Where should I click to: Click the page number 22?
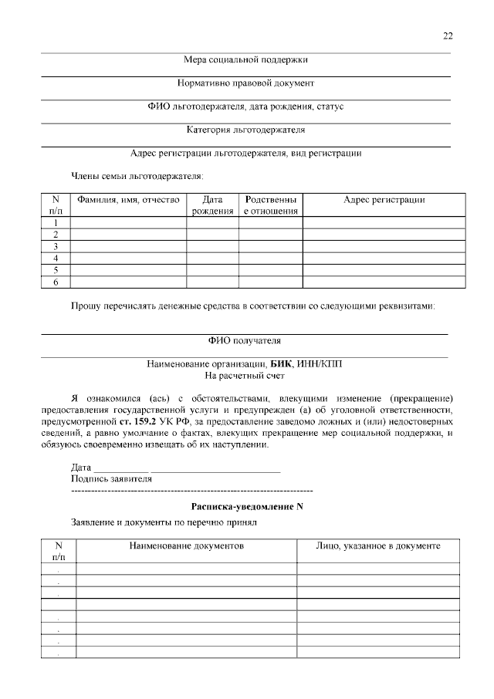448,35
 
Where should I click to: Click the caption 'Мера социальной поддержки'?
245,59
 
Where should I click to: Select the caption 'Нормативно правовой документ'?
245,83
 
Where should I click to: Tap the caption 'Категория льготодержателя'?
245,130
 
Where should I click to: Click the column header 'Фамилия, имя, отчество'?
128,200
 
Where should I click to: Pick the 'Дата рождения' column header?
212,205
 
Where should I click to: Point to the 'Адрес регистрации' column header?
384,200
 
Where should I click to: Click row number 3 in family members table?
56,246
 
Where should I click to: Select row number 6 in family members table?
56,282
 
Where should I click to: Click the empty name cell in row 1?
128,222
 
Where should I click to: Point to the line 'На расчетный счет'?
245,376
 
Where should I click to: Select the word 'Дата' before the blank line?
81,468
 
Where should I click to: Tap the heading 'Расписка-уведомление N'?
246,506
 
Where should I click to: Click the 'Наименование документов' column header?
187,545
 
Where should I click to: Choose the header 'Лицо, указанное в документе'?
378,545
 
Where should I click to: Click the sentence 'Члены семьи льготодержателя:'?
132,176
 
